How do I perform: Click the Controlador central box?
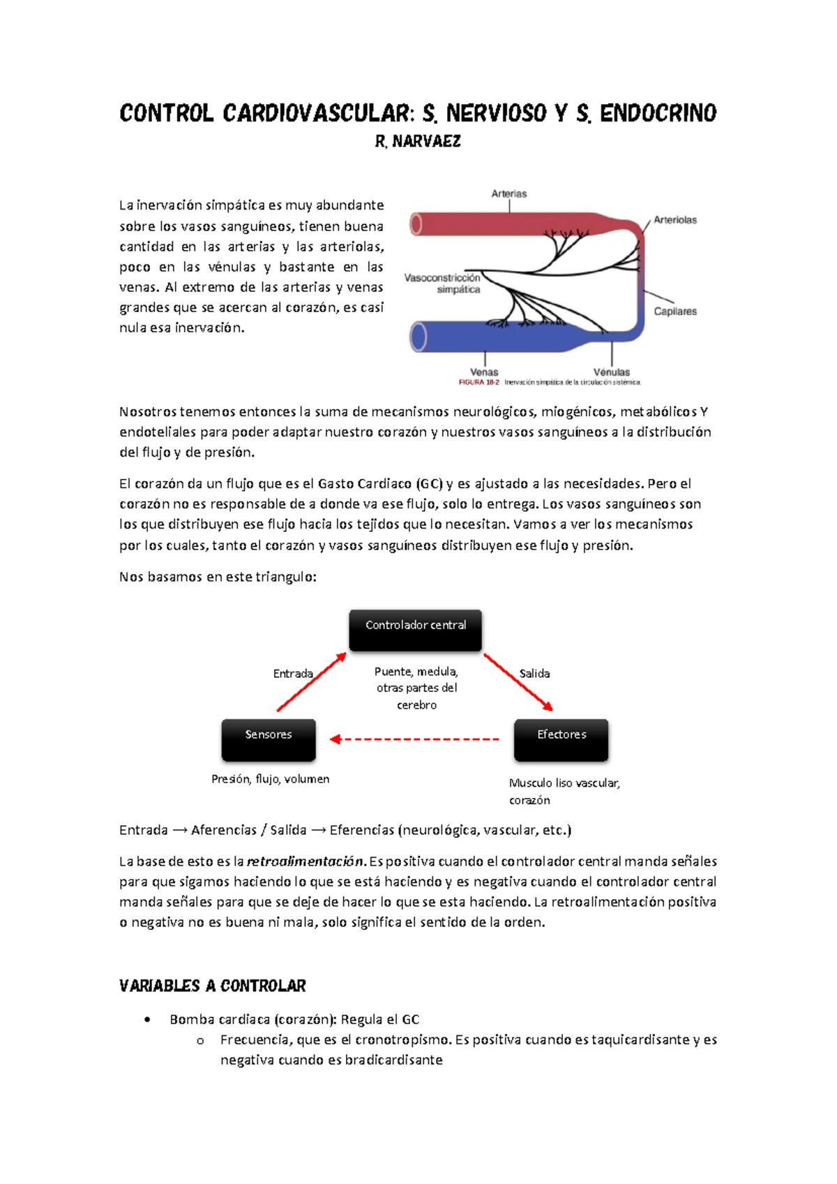[x=415, y=630]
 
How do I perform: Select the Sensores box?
[x=269, y=739]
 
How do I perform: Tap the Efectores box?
[x=561, y=739]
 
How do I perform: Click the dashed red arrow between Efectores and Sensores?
[x=415, y=739]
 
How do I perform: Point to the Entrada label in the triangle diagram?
[x=293, y=674]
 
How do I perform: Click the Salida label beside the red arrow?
[x=534, y=674]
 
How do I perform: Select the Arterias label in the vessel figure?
[x=509, y=193]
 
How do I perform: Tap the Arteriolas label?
[x=674, y=220]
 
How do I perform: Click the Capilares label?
[x=674, y=311]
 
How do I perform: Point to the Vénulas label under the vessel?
[x=612, y=372]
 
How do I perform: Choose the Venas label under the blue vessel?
[x=484, y=372]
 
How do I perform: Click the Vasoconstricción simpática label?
[x=443, y=283]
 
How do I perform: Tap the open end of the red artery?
[x=416, y=225]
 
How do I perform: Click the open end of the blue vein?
[x=418, y=337]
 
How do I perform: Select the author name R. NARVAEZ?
[x=418, y=142]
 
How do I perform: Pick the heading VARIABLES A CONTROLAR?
[x=213, y=986]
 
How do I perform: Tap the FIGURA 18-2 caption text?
[x=478, y=383]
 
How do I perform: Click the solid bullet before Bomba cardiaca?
[x=147, y=1020]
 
